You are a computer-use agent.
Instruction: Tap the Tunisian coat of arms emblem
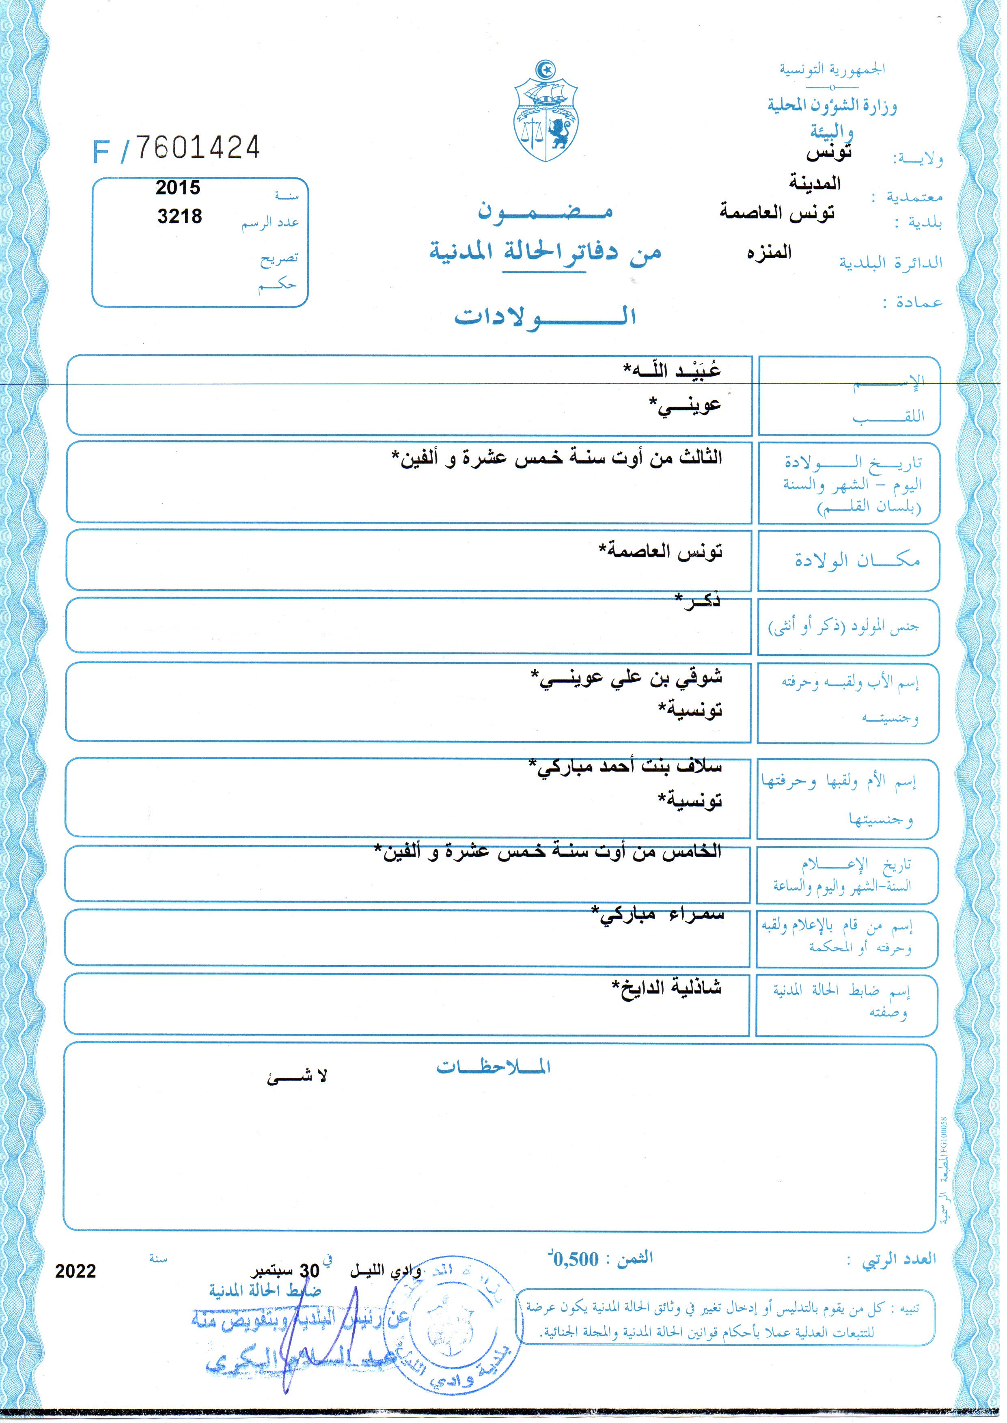(545, 113)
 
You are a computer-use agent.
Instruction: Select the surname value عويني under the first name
(685, 405)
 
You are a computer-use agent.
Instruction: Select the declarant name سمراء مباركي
(657, 914)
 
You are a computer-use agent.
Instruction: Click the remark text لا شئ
(297, 1077)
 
